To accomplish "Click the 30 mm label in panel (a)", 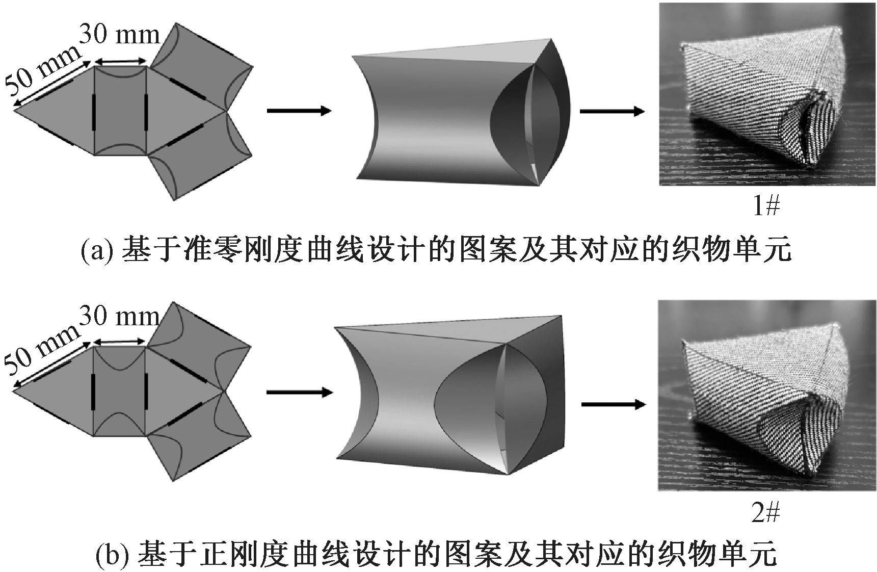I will tap(120, 35).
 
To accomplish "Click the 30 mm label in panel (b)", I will tap(120, 317).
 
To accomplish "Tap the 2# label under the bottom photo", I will tap(765, 512).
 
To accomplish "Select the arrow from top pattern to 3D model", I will tap(299, 111).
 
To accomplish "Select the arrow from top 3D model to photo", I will tap(612, 111).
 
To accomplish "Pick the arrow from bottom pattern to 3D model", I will tap(299, 392).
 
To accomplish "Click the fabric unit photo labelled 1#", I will tap(767, 94).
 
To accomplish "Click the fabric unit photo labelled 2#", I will tap(767, 395).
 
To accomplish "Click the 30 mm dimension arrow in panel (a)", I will tap(120, 61).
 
